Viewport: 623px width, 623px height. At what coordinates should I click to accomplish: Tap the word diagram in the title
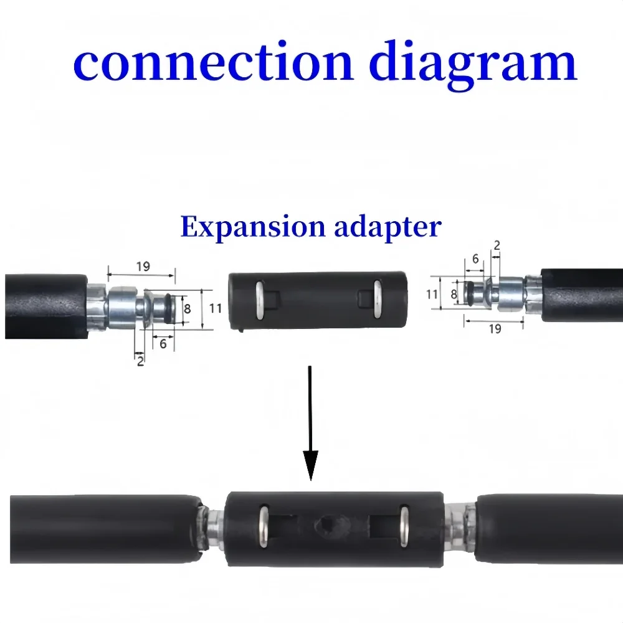click(473, 62)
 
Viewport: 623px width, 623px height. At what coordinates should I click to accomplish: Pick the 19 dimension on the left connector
click(143, 267)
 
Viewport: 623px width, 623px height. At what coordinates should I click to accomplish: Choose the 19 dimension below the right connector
click(495, 328)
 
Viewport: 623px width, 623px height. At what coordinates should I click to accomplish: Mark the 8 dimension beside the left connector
click(187, 307)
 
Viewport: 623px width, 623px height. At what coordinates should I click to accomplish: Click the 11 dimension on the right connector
click(432, 294)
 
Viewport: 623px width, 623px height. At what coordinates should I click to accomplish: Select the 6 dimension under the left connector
click(163, 343)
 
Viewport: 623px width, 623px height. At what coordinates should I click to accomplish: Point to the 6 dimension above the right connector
click(475, 258)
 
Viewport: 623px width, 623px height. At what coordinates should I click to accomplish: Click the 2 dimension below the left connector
click(140, 361)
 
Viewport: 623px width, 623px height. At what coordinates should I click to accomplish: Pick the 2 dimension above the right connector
click(496, 245)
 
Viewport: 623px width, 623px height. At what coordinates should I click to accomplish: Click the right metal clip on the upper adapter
click(377, 299)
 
